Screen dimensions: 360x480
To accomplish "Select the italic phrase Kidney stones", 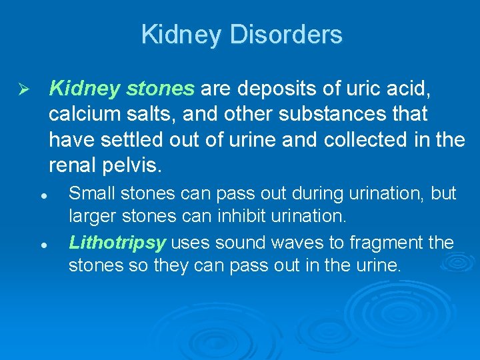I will point(122,89).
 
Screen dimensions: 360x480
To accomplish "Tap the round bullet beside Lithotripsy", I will point(43,245).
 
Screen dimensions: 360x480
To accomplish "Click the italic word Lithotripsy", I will point(117,243).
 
